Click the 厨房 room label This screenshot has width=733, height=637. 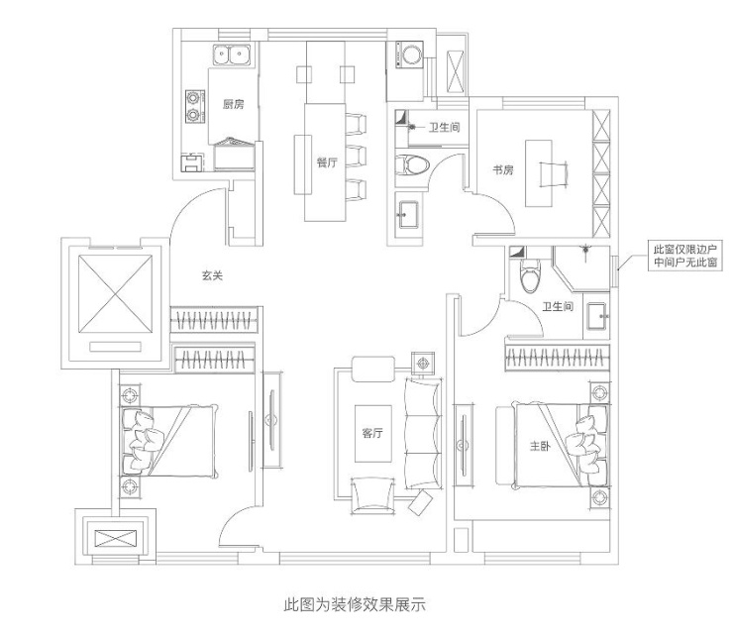pyautogui.click(x=233, y=104)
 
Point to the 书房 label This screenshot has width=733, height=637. pyautogui.click(x=503, y=170)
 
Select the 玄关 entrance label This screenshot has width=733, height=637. pyautogui.click(x=211, y=276)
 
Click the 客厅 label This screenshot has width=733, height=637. pyautogui.click(x=372, y=433)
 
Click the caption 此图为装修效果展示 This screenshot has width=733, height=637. pyautogui.click(x=355, y=603)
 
